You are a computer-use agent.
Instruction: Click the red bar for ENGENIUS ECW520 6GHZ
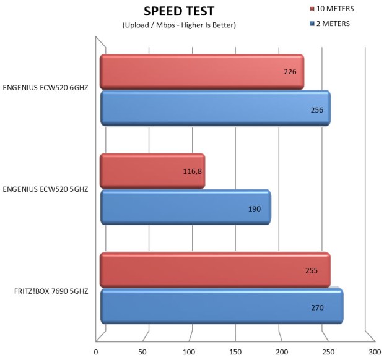[201, 72]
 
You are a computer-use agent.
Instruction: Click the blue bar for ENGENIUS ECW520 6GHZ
[214, 109]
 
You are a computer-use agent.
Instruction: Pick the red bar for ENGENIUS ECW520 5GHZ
[152, 171]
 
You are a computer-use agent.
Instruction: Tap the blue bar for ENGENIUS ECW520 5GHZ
[185, 208]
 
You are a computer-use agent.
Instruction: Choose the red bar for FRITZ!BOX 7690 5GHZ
[214, 270]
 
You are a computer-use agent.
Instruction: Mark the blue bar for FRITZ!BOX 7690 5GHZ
[221, 306]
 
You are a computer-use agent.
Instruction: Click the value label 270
[317, 307]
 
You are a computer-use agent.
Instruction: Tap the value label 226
[290, 72]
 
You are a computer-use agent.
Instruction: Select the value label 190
[255, 208]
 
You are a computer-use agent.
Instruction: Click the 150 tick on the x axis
[235, 351]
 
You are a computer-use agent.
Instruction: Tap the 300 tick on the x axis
[374, 351]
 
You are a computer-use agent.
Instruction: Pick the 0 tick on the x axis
[96, 351]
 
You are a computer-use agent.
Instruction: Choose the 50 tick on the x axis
[142, 351]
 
